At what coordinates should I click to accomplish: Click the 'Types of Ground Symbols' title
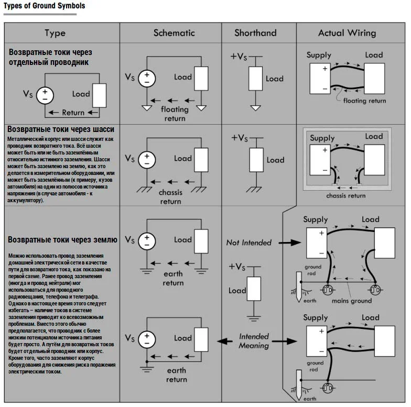pos(44,6)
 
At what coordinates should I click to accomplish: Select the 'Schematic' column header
pos(174,33)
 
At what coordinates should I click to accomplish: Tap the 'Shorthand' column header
pos(256,33)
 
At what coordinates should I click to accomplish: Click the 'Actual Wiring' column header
pos(347,34)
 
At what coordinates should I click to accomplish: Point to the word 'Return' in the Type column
pos(73,113)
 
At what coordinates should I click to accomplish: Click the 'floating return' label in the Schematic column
pos(175,114)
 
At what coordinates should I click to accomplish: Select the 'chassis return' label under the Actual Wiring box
pos(346,196)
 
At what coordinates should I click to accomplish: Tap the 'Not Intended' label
pos(248,243)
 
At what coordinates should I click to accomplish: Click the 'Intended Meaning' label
pos(254,340)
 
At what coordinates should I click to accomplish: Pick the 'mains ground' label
pos(351,301)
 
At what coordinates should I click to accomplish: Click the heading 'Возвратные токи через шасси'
pos(61,129)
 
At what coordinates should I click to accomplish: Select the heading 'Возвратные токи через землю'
pos(62,240)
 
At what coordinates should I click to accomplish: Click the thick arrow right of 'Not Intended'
pos(289,243)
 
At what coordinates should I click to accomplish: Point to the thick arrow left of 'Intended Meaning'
pos(225,341)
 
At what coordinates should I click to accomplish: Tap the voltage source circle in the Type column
pos(45,95)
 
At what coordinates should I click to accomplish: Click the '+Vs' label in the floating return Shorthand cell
pos(239,57)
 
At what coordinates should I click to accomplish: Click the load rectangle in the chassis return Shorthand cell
pos(256,160)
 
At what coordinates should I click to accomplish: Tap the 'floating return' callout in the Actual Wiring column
pos(364,101)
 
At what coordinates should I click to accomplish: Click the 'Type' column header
pos(55,34)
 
